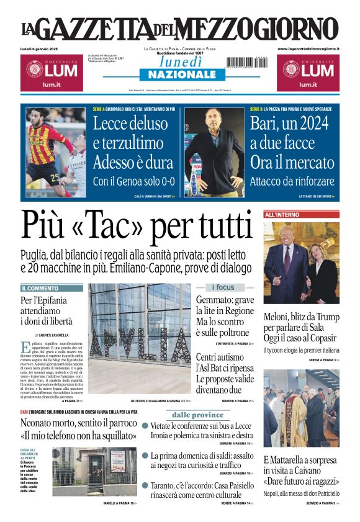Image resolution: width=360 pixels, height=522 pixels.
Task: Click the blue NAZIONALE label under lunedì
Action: point(180,74)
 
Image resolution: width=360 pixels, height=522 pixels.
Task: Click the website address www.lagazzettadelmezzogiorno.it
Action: point(308,48)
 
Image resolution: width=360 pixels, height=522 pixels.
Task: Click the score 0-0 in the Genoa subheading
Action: point(163,182)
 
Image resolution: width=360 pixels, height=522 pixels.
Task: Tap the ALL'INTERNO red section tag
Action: point(282,215)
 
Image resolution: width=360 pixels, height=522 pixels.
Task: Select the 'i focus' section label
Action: point(223,287)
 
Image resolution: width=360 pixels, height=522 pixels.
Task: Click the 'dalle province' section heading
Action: point(197,415)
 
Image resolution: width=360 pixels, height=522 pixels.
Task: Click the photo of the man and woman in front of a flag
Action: point(301,263)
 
